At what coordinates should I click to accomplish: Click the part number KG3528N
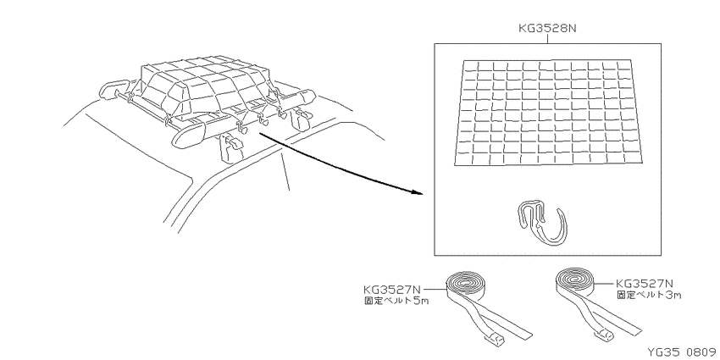tap(547, 28)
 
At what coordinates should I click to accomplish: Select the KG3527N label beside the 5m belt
tap(391, 290)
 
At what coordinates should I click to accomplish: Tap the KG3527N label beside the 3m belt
tap(645, 284)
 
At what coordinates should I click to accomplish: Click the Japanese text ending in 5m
tap(396, 302)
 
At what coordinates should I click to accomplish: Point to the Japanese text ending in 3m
tap(649, 295)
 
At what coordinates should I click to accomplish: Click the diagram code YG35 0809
tap(684, 352)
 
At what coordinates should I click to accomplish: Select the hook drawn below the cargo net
tap(543, 221)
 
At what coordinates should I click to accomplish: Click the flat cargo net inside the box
tap(548, 112)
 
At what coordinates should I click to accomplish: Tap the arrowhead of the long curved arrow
tap(416, 192)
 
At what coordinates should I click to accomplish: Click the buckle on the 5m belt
tap(494, 341)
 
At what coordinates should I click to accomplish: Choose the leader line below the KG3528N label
tap(547, 39)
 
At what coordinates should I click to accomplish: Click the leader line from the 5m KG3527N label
tap(434, 290)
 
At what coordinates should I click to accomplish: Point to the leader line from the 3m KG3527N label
tap(604, 283)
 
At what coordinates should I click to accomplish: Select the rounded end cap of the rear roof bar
tap(110, 89)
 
